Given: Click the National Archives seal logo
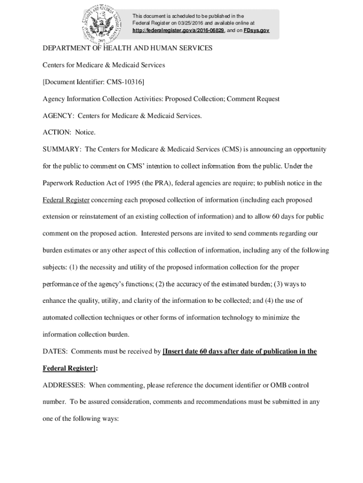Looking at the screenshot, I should coord(102,24).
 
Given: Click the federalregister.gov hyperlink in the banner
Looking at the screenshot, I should coord(178,30).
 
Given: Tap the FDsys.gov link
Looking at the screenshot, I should coord(256,30).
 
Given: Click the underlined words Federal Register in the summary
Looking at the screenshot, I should coord(66,200).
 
